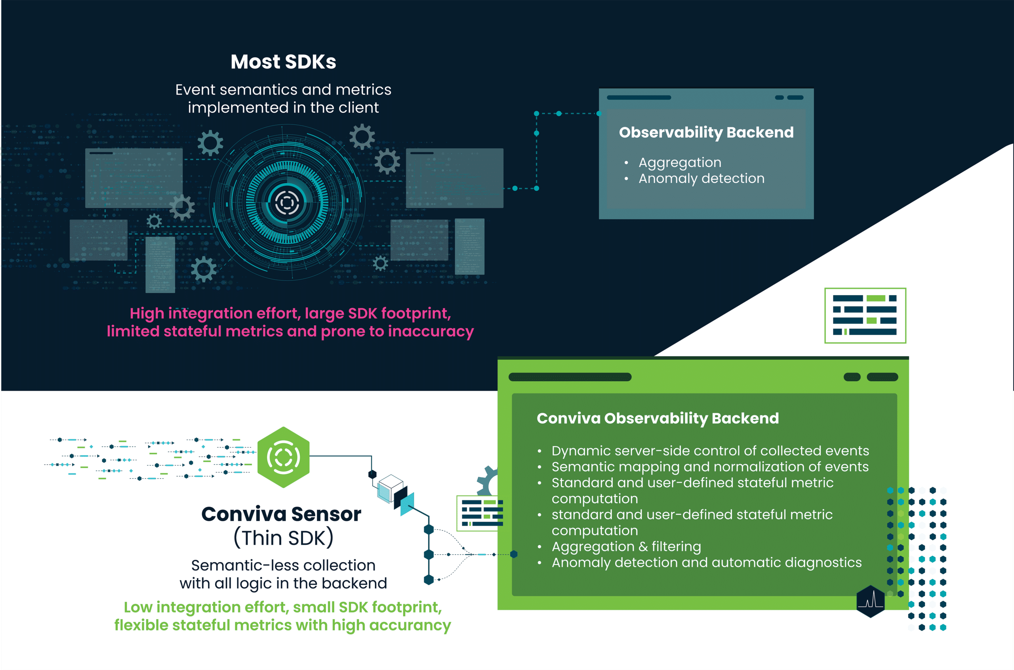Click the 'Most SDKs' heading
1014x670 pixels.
[x=283, y=62]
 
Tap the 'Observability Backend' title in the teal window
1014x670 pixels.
[x=706, y=132]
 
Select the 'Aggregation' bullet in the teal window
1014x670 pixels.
[x=680, y=162]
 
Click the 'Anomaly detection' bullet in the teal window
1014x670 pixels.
[x=701, y=178]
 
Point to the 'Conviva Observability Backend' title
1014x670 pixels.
[x=658, y=418]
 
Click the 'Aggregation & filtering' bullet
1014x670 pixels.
[x=626, y=546]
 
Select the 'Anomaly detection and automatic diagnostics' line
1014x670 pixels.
[x=707, y=562]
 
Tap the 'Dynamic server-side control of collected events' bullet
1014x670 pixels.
[x=710, y=451]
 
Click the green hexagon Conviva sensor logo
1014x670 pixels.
[x=283, y=457]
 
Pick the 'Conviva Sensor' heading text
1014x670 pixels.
[x=281, y=514]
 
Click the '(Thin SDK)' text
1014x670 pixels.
[x=283, y=538]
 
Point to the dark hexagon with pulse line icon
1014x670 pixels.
[x=871, y=601]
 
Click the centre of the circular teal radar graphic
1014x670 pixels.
[x=287, y=202]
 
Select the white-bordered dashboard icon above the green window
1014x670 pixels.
[x=865, y=315]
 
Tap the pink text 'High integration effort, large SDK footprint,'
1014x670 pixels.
[x=290, y=313]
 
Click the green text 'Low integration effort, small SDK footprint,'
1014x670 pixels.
[x=283, y=607]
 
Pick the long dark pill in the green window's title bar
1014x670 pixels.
[x=570, y=377]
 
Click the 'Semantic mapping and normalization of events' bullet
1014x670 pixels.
[x=710, y=467]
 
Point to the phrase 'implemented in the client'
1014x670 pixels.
[x=283, y=108]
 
